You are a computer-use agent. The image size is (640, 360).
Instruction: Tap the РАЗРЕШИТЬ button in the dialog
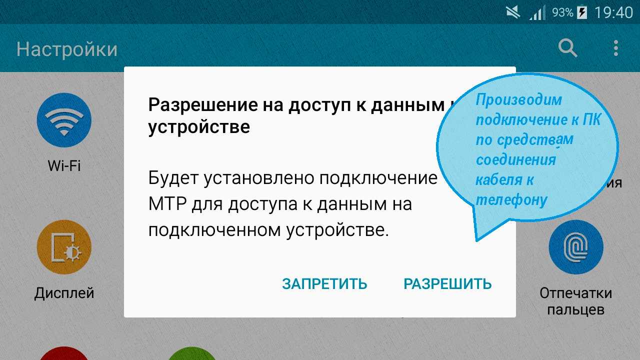coord(447,284)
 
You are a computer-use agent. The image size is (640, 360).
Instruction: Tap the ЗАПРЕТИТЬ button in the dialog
coord(324,284)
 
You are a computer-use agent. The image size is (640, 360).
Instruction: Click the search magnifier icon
coord(567,48)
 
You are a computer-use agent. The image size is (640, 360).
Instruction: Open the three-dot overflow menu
coord(616,48)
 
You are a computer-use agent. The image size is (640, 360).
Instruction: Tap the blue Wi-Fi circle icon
coord(64,120)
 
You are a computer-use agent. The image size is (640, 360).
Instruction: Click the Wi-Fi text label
coord(64,165)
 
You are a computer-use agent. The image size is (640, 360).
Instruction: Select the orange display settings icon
coord(64,247)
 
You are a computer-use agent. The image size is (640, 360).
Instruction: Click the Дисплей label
coord(64,293)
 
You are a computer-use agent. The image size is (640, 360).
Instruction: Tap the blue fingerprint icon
coord(576,247)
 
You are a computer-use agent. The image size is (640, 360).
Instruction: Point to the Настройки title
coord(67,49)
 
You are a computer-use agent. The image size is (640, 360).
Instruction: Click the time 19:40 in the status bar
coord(613,13)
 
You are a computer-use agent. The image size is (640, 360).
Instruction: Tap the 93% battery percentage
coord(562,12)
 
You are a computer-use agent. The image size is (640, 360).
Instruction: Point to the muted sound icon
coord(513,12)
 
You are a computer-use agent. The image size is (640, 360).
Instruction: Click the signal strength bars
coord(537,13)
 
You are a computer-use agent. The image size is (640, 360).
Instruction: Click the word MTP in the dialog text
coord(167,204)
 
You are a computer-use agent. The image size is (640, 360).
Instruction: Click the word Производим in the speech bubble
coord(519,100)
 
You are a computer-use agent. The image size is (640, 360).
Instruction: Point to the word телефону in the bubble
coord(511,200)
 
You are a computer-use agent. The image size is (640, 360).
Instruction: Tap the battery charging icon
coord(582,13)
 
